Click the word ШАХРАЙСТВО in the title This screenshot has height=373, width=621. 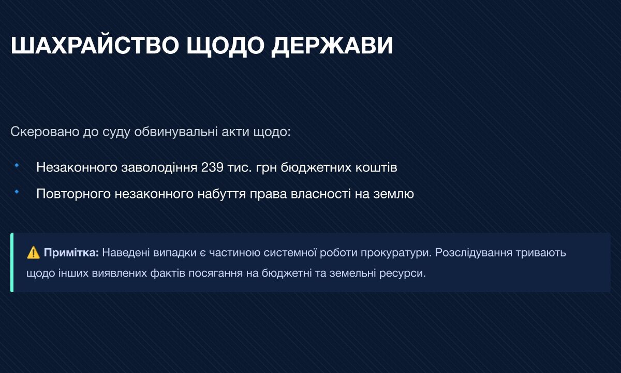pos(95,45)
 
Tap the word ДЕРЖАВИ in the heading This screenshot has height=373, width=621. pos(332,45)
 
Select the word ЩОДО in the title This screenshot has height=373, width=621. pos(225,45)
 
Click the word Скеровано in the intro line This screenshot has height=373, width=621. pos(45,132)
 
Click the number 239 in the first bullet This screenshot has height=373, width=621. pos(212,167)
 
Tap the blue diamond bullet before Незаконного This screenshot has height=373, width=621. pos(17,165)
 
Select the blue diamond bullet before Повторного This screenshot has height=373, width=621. pos(17,192)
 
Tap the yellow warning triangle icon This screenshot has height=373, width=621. pos(33,253)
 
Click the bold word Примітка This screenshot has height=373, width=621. pos(71,253)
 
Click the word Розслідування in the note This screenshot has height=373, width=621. pos(474,253)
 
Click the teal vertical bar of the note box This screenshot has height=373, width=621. pos(12,263)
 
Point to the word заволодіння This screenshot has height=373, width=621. pos(159,167)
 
